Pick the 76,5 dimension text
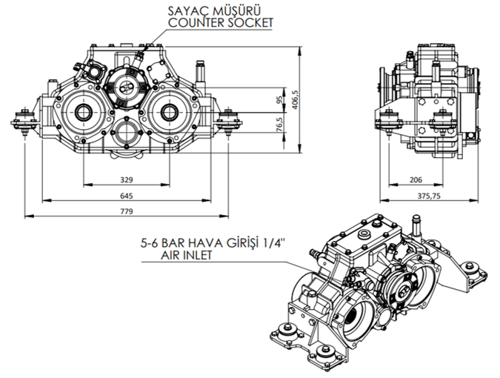279,125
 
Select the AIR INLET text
188,254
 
